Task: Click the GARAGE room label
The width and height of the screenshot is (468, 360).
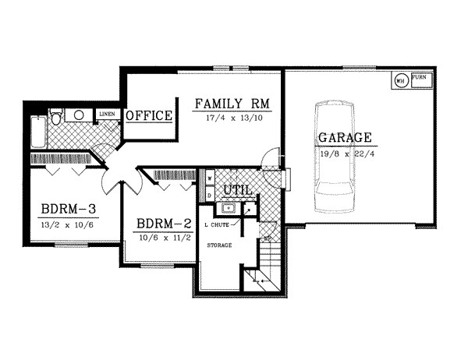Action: coord(343,138)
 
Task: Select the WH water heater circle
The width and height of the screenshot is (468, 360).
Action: coord(399,79)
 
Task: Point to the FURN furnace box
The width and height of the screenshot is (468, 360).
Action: coord(420,79)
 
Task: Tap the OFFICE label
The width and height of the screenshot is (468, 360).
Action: coord(149,116)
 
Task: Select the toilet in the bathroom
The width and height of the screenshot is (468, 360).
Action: coord(55,117)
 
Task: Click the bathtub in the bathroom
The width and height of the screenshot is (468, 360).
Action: coord(37,132)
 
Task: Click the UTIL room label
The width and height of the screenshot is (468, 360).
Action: coord(236,190)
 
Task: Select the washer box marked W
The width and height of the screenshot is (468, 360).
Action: coord(210,178)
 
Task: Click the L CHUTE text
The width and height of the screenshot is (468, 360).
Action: coord(216,225)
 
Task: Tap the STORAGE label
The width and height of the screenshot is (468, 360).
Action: coord(220,245)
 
